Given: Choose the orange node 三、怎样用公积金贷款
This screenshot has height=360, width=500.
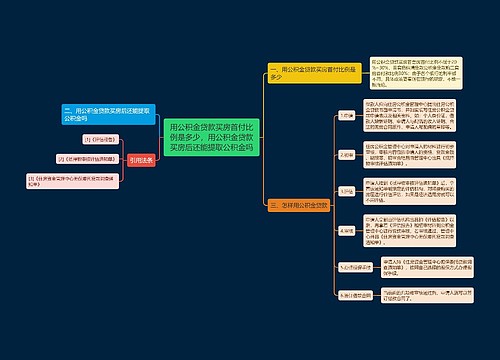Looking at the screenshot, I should click(x=298, y=205).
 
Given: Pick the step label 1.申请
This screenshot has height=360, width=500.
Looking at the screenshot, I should click(x=346, y=116).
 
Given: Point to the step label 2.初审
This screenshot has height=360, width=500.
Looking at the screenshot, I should click(x=346, y=155).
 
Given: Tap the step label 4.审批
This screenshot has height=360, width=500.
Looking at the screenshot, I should click(x=346, y=229).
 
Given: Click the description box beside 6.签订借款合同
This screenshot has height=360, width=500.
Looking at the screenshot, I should click(x=414, y=296).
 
